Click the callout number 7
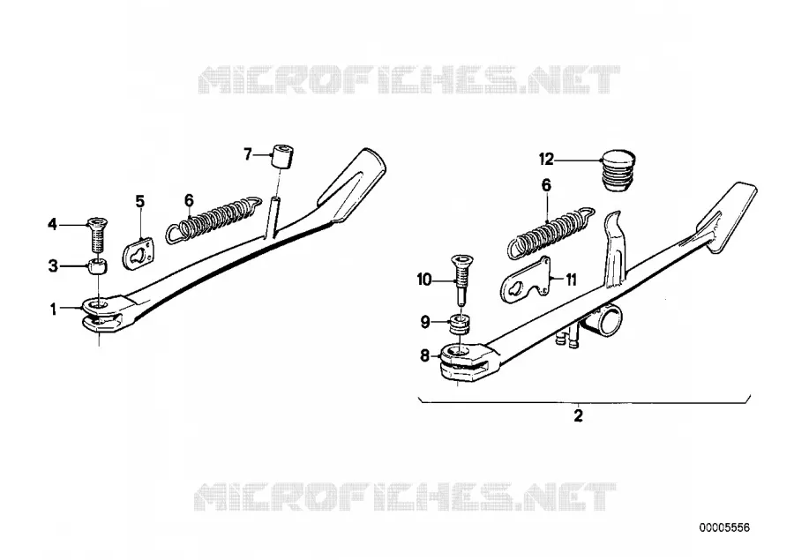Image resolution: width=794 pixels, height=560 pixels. click(248, 154)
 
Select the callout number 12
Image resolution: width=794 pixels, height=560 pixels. click(546, 160)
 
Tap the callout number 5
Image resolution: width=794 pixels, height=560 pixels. click(139, 202)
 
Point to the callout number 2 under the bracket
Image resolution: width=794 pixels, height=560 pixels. click(578, 415)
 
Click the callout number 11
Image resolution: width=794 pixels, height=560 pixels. click(571, 280)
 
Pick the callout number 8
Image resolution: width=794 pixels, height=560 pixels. click(425, 355)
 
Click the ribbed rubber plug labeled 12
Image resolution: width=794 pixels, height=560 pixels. click(618, 169)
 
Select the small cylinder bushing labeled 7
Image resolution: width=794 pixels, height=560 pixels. click(282, 157)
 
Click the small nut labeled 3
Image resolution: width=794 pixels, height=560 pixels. click(98, 266)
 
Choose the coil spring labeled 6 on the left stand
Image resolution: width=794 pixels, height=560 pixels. click(213, 219)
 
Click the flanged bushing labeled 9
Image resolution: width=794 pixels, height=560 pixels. click(460, 324)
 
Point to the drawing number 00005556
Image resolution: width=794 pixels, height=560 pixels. click(724, 527)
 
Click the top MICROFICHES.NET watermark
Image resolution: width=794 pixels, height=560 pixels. click(408, 79)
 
